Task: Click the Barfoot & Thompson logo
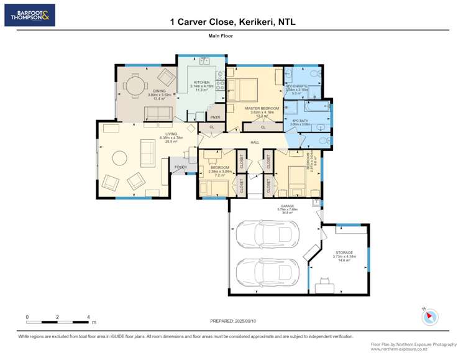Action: pos(30,15)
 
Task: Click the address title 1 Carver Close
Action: pos(233,22)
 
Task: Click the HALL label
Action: pos(255,143)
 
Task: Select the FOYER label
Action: pos(180,167)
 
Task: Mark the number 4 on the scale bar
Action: pos(89,317)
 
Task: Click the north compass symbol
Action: pos(427,317)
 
